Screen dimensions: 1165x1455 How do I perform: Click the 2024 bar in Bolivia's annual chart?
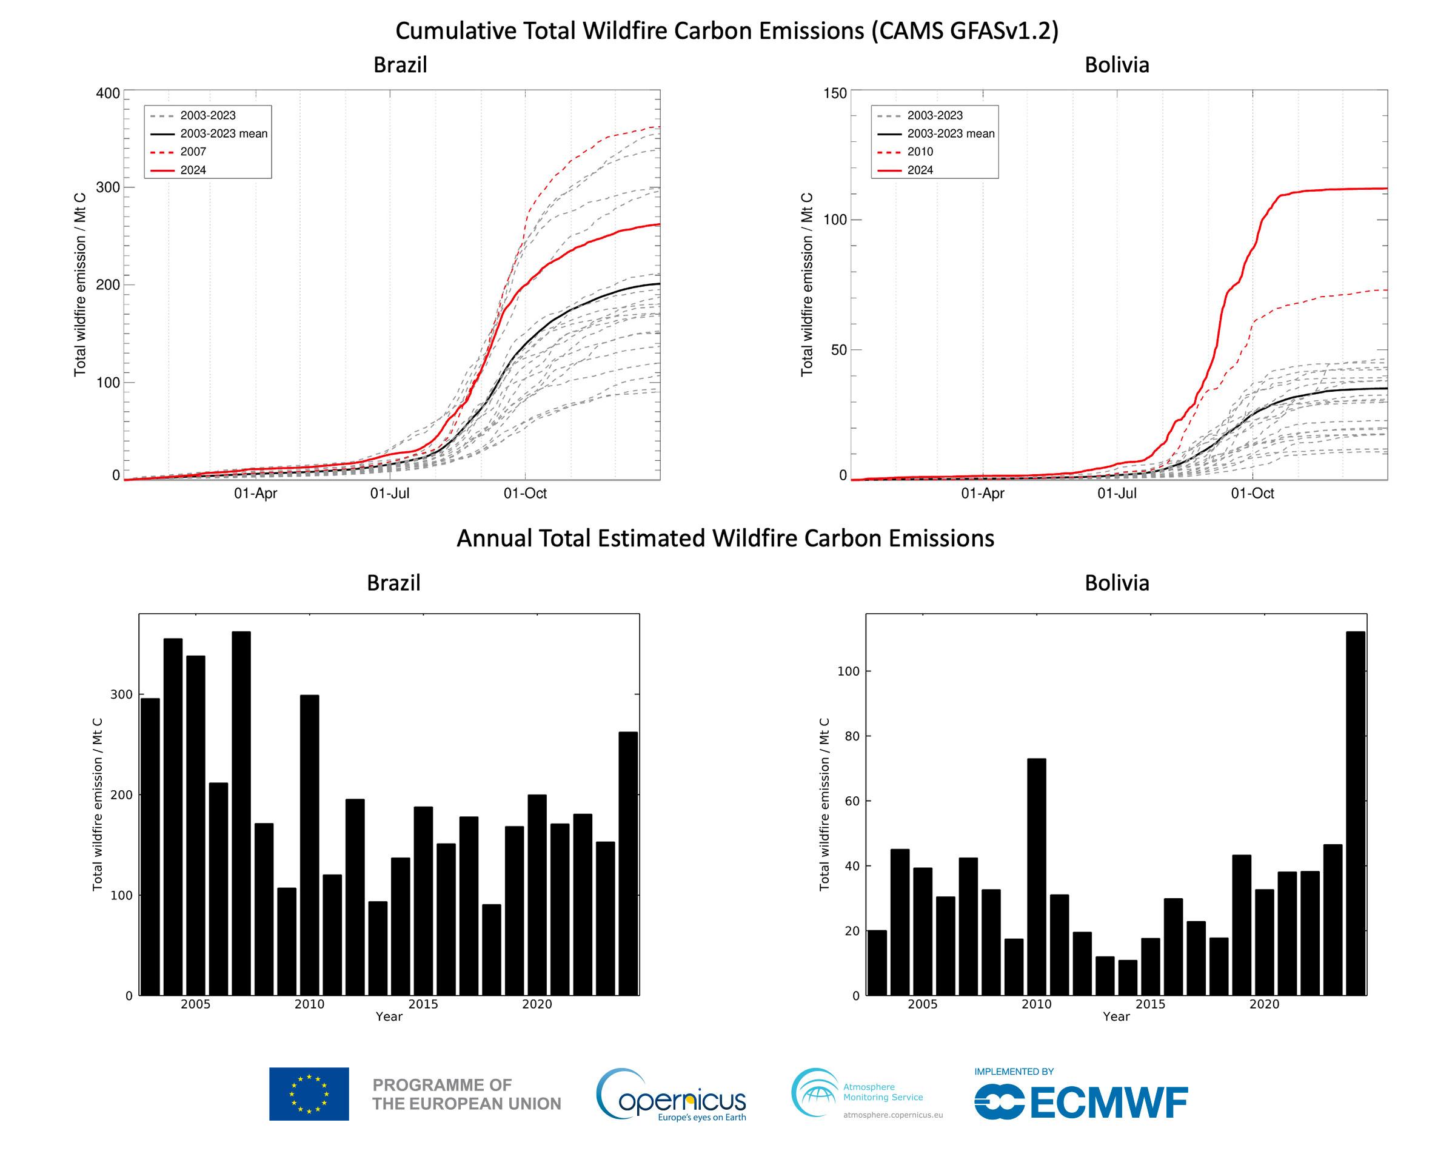pyautogui.click(x=1355, y=813)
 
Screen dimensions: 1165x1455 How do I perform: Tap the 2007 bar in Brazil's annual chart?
pyautogui.click(x=241, y=813)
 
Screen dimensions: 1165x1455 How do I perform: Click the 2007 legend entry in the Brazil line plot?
pyautogui.click(x=193, y=152)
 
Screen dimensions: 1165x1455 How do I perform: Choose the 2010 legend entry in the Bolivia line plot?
pyautogui.click(x=920, y=152)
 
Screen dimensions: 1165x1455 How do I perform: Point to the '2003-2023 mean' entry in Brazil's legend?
pyautogui.click(x=223, y=133)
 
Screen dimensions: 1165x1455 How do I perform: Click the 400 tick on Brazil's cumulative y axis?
pyautogui.click(x=108, y=93)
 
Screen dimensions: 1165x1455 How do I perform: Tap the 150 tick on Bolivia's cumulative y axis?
pyautogui.click(x=835, y=93)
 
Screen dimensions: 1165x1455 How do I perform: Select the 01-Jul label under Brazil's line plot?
pyautogui.click(x=389, y=494)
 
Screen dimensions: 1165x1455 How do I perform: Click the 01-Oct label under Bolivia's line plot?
pyautogui.click(x=1252, y=494)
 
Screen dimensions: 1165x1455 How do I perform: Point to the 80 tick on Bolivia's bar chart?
pyautogui.click(x=852, y=736)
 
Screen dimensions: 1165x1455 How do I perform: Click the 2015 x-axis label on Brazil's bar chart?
pyautogui.click(x=423, y=1004)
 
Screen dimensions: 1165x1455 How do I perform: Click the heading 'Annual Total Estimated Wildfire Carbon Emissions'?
pyautogui.click(x=726, y=538)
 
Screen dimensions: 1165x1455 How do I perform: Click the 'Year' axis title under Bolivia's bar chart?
pyautogui.click(x=1115, y=1016)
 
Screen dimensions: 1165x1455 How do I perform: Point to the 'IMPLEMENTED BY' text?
pyautogui.click(x=1014, y=1071)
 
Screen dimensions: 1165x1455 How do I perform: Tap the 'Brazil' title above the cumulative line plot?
pyautogui.click(x=400, y=65)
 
